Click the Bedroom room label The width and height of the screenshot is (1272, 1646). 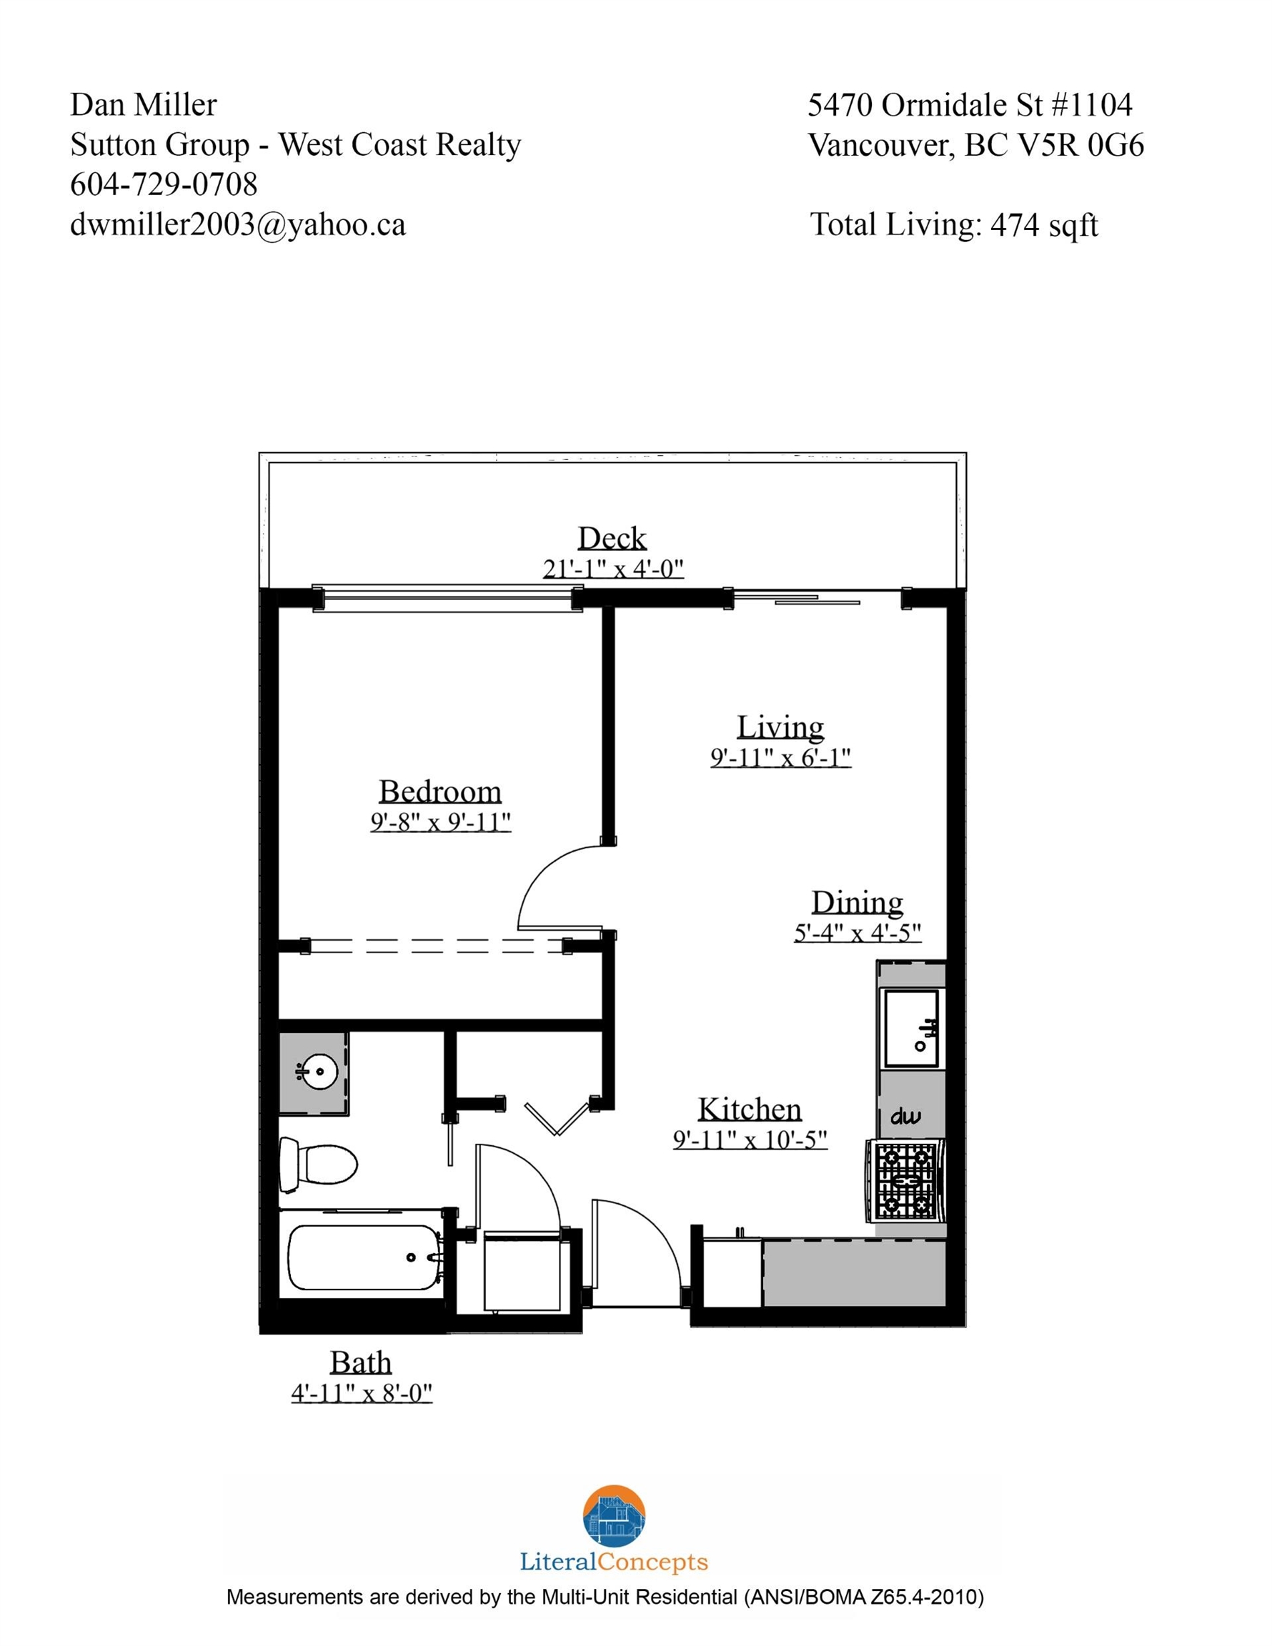(x=439, y=792)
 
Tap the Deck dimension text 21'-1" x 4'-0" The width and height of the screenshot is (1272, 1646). (x=613, y=568)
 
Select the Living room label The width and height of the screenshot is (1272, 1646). (x=780, y=727)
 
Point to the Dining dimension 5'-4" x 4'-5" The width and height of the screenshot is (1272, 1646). (x=858, y=933)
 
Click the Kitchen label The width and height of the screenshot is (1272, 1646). (x=750, y=1109)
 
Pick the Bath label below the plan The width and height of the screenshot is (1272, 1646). (x=361, y=1362)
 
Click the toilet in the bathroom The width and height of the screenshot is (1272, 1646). (x=317, y=1164)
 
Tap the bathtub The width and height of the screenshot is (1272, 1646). (x=364, y=1257)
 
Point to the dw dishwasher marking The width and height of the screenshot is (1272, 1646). (x=905, y=1116)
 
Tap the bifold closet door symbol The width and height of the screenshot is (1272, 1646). (x=557, y=1117)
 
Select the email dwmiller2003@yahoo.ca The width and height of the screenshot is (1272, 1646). (x=237, y=224)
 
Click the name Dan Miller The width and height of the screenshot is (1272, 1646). (x=143, y=105)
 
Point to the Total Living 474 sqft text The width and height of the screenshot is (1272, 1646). (x=954, y=225)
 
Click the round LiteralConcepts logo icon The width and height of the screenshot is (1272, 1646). (x=614, y=1517)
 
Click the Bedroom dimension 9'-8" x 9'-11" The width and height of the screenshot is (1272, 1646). (x=440, y=822)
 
